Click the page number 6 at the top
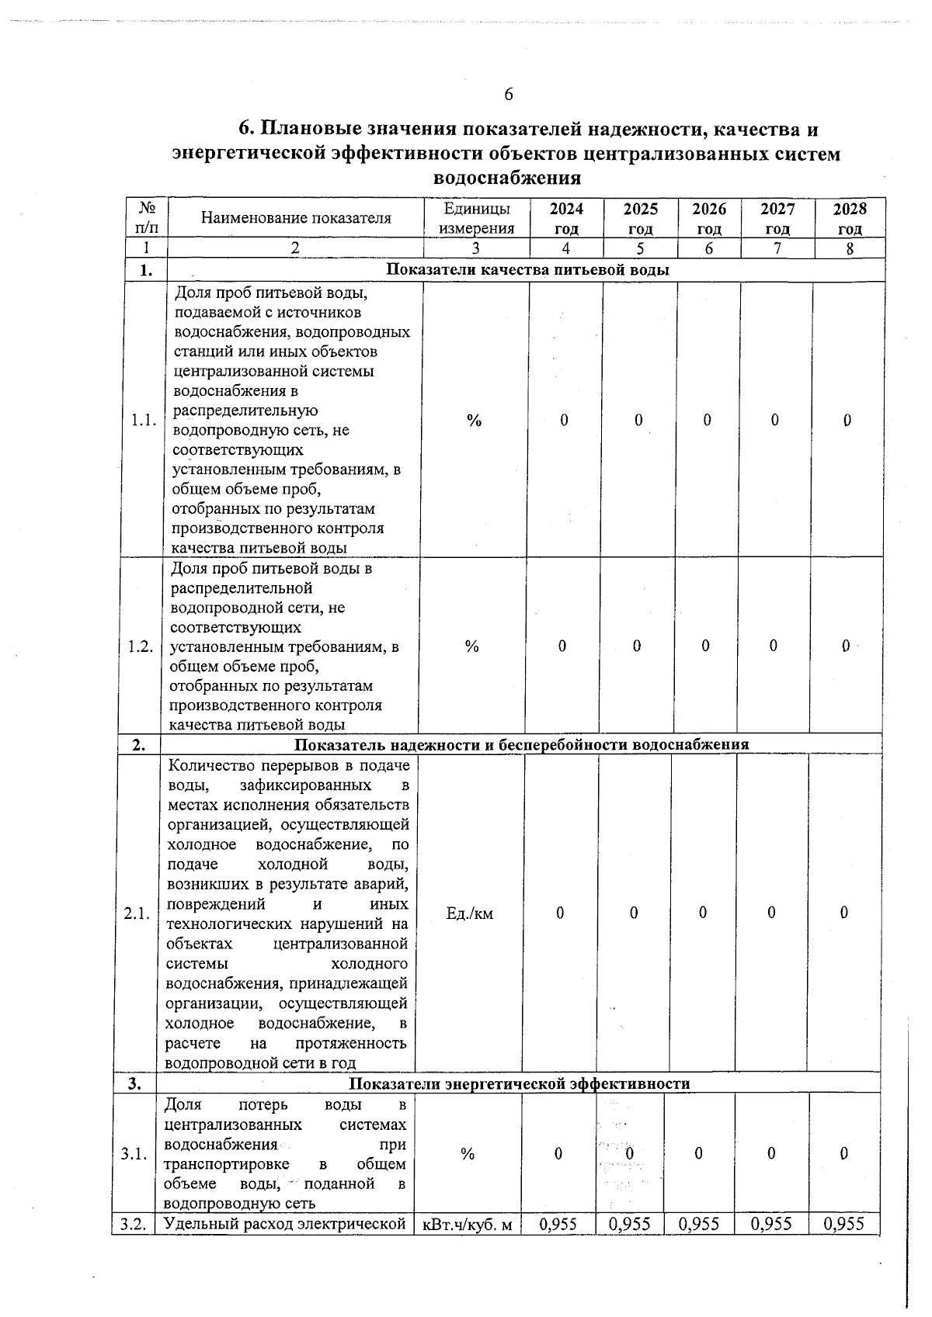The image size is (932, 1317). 509,95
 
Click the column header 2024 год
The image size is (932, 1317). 566,218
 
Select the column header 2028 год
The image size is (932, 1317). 850,218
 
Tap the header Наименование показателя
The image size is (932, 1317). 295,218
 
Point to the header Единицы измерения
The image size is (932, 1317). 476,218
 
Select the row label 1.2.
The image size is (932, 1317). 141,646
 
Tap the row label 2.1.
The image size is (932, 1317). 137,913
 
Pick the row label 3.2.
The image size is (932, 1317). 134,1224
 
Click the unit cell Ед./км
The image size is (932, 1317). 469,913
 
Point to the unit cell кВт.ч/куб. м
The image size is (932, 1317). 466,1225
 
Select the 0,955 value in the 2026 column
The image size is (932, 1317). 697,1224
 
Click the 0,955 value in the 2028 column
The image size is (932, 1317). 843,1224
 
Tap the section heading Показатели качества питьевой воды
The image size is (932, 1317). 527,270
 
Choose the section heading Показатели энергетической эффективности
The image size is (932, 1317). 519,1083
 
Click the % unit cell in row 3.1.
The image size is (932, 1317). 467,1154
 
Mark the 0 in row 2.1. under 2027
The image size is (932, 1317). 771,913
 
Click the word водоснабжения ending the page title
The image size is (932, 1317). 506,178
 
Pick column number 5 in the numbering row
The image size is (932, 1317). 640,248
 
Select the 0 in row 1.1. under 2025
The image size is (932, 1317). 638,420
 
